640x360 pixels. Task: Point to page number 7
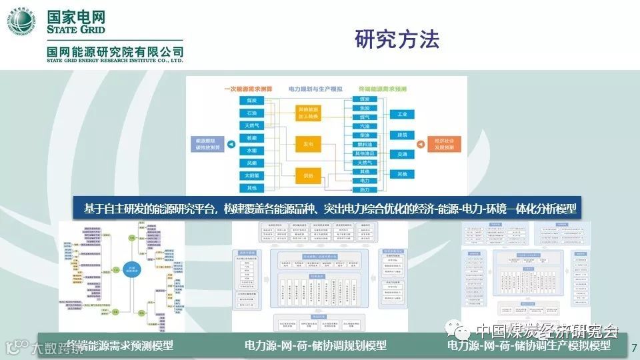pyautogui.click(x=633, y=347)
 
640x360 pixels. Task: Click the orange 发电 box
pyautogui.click(x=308, y=143)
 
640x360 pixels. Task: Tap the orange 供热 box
pyautogui.click(x=308, y=175)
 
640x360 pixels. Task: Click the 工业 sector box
pyautogui.click(x=402, y=115)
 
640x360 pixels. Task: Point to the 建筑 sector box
pyautogui.click(x=402, y=135)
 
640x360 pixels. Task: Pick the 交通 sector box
pyautogui.click(x=402, y=155)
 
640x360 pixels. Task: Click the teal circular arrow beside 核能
pyautogui.click(x=231, y=144)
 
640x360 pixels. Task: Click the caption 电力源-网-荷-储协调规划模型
pyautogui.click(x=315, y=345)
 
